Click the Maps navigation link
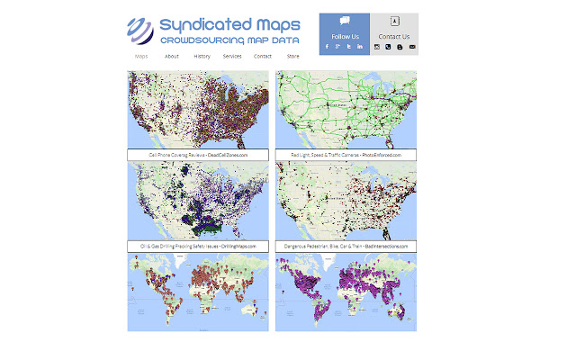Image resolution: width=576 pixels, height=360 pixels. point(141,56)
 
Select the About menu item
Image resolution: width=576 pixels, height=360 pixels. point(172,56)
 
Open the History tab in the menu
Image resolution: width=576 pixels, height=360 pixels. point(202,56)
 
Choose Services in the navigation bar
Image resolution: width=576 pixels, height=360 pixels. point(232,56)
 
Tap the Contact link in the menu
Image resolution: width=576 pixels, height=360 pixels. point(263,56)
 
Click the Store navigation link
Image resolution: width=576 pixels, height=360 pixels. point(292,56)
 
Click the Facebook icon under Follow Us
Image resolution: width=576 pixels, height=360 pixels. point(326,46)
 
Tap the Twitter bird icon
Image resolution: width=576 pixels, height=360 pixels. point(348,46)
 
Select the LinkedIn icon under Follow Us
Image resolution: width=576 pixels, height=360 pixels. point(360,46)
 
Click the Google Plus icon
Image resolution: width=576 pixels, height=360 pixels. point(337,46)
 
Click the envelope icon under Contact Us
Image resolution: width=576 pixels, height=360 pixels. point(412,46)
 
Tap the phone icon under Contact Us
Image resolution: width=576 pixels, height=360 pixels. point(389,46)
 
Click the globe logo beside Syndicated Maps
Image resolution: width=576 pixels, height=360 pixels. point(140,30)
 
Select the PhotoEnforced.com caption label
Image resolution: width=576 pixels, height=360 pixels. point(346,155)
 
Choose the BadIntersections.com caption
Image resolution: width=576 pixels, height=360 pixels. point(346,246)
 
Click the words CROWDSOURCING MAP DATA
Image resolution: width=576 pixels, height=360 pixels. point(236,41)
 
